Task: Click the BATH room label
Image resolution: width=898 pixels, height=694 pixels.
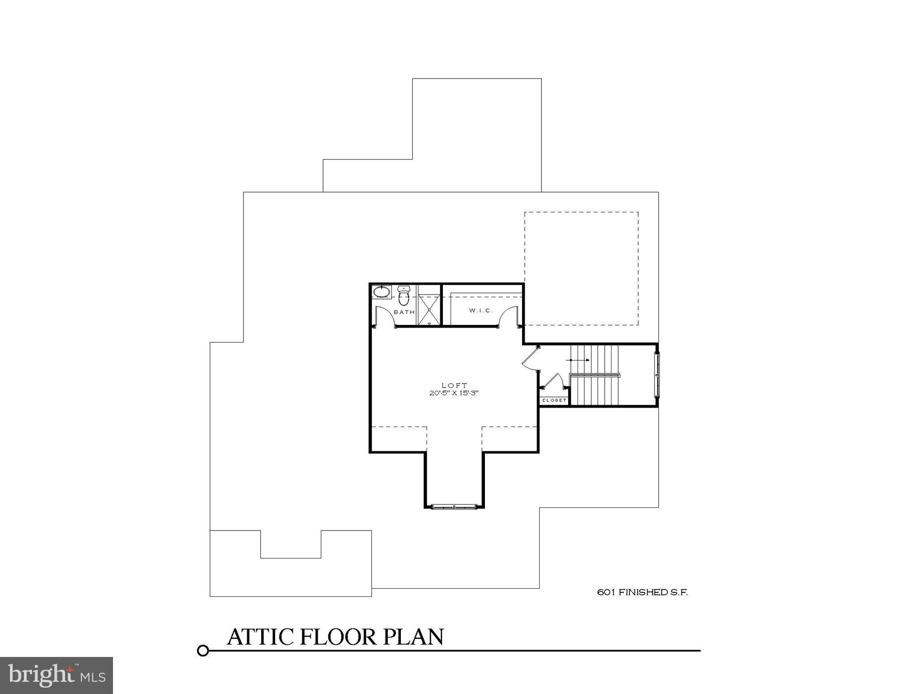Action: [x=404, y=312]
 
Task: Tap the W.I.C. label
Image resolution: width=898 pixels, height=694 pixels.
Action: [x=480, y=310]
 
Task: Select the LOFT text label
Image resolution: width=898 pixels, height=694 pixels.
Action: [x=454, y=385]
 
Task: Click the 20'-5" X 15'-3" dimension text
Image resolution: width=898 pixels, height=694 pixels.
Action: [x=454, y=393]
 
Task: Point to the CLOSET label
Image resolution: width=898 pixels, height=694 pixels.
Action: [x=554, y=400]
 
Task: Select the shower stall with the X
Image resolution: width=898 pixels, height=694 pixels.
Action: [x=428, y=309]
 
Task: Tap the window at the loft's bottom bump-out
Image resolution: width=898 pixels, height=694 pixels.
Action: [x=454, y=506]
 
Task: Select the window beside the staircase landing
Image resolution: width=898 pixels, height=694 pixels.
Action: [x=657, y=375]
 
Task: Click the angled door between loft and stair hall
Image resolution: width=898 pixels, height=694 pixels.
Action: [x=530, y=357]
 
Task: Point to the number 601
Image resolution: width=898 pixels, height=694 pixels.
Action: [x=606, y=592]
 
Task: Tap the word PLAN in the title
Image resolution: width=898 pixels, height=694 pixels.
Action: [x=414, y=637]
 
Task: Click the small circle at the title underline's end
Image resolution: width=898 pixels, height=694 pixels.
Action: [x=203, y=651]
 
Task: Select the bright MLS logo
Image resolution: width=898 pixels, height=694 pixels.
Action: [x=56, y=675]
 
